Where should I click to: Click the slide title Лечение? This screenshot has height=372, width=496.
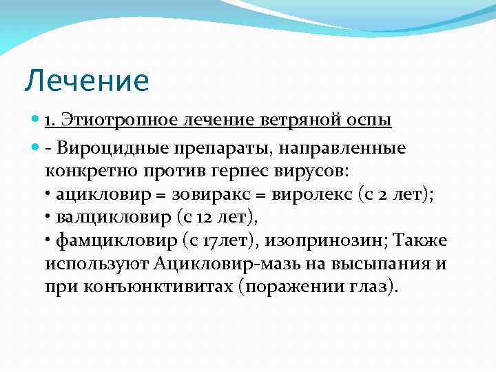point(87,81)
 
